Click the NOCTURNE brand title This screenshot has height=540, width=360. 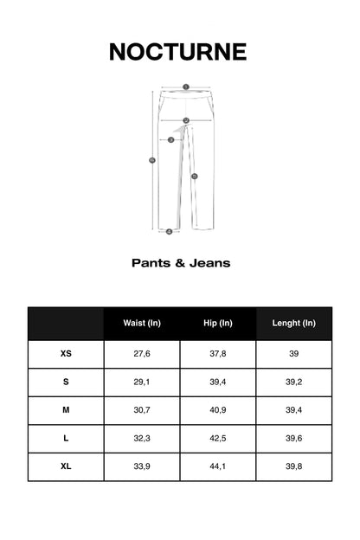point(178,52)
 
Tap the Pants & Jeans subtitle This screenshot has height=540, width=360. point(180,263)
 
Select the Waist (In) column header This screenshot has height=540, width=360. point(142,324)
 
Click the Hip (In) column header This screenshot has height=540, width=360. point(218,324)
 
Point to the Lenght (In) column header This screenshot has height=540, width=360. point(294,324)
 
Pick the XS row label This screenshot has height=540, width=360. point(66,354)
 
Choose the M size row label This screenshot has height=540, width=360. point(66,410)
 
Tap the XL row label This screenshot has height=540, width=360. point(66,466)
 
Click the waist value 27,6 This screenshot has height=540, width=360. point(142,354)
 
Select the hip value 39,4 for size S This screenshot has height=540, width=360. point(218,382)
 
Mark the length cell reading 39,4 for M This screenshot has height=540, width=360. point(294,410)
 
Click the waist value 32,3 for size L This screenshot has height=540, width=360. point(142,439)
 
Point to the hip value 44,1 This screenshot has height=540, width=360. point(218,466)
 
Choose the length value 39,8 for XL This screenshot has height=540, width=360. point(294,466)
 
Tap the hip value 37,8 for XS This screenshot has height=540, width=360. point(218,354)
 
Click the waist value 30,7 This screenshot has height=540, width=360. point(142,410)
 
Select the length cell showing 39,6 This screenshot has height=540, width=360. point(294,439)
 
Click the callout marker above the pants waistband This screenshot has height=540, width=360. point(185,87)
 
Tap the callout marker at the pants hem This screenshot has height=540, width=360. point(169,231)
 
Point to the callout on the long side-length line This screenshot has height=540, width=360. point(152,159)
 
